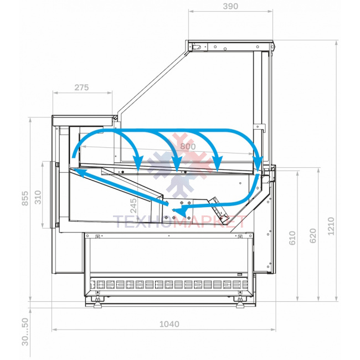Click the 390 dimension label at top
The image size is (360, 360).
click(x=230, y=6)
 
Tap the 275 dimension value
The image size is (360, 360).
click(x=81, y=88)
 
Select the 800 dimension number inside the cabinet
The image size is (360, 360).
click(x=188, y=146)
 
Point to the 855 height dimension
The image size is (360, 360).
click(x=25, y=198)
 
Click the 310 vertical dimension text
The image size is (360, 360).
click(x=38, y=197)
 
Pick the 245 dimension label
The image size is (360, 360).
click(x=133, y=205)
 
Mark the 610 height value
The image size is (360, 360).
click(x=292, y=238)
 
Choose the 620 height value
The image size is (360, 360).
click(x=313, y=236)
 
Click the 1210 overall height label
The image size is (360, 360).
click(x=331, y=226)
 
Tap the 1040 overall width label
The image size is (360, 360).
click(x=169, y=324)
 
